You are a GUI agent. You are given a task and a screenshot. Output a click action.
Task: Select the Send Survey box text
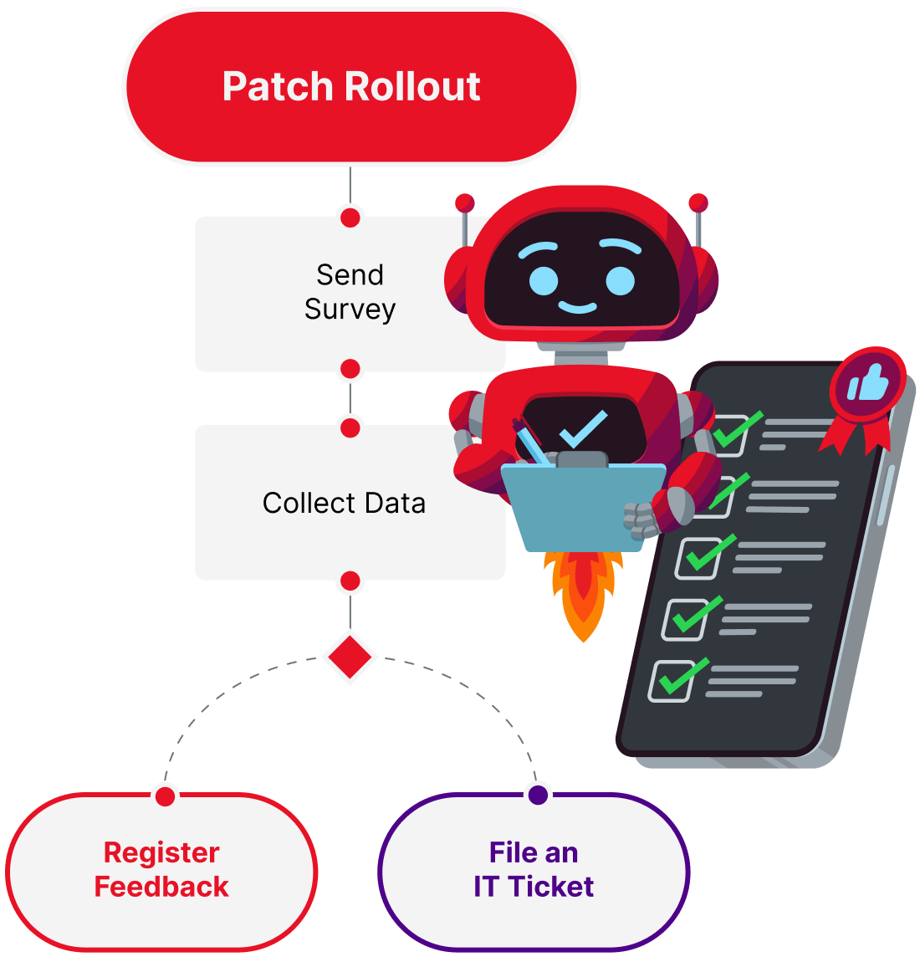click(350, 292)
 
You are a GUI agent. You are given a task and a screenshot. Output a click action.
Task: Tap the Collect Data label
click(344, 504)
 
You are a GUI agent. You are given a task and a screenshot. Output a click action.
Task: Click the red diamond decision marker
click(350, 657)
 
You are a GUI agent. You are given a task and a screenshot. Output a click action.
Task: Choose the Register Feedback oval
click(161, 870)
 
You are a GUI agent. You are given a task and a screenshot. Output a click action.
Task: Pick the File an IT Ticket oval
click(534, 870)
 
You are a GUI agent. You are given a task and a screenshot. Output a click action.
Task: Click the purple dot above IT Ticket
click(539, 794)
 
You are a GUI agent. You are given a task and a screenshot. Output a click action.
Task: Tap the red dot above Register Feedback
click(166, 795)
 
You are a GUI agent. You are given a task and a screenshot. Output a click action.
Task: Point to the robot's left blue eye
click(544, 280)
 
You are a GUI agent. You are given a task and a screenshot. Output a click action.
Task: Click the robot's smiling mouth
click(578, 308)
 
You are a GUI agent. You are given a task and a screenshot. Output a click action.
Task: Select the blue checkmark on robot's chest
click(583, 429)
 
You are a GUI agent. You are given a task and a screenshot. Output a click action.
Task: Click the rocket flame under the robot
click(584, 594)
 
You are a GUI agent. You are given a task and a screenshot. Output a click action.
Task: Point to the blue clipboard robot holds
click(577, 510)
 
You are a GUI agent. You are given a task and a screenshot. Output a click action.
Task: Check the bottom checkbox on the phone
click(672, 681)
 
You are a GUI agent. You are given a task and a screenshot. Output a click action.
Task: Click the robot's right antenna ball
click(698, 202)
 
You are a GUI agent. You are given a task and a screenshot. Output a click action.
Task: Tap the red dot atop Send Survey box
click(350, 217)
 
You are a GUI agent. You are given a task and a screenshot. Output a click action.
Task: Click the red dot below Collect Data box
click(350, 581)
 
